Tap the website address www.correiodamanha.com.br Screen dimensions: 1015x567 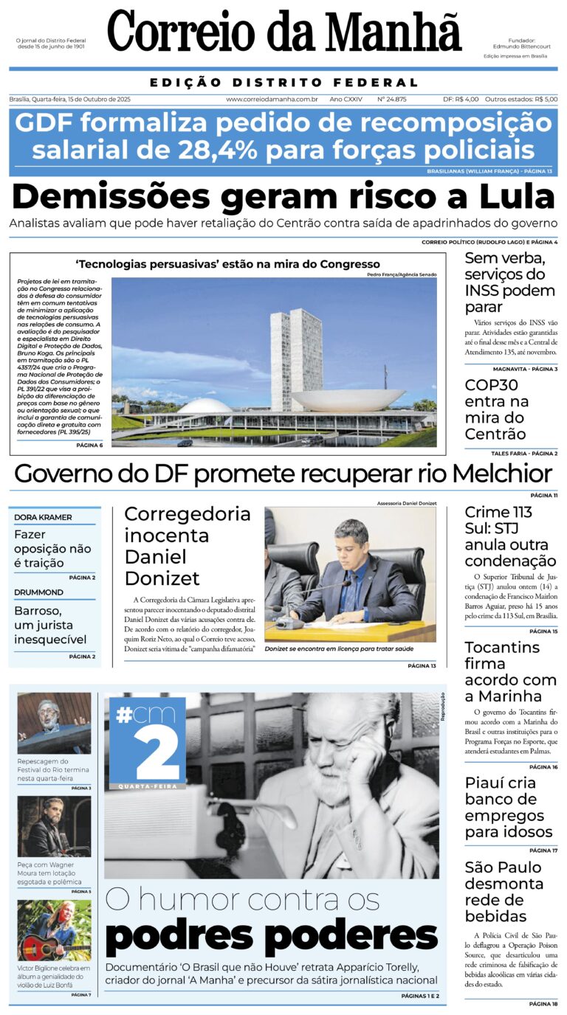272,99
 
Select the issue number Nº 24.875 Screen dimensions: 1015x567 391,99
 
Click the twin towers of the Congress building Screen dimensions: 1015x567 296,358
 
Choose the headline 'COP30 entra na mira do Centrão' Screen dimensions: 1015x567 496,409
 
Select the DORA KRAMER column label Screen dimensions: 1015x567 43,517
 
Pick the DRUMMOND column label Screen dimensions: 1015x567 38,592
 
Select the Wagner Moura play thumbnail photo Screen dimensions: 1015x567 54,826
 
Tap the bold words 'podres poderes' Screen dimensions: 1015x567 271,937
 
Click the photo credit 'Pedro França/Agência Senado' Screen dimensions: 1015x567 401,274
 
